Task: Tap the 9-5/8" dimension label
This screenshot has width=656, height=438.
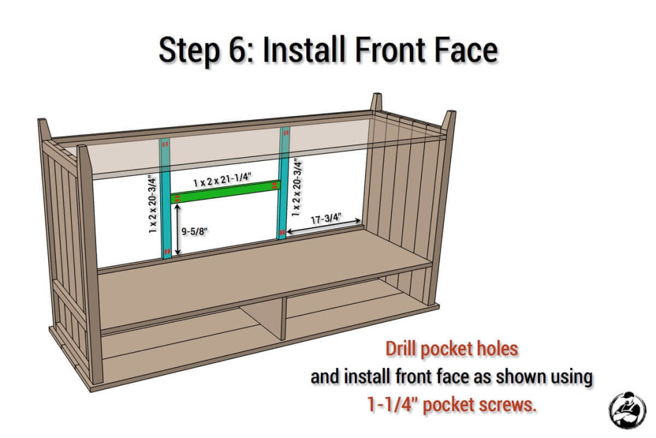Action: click(195, 231)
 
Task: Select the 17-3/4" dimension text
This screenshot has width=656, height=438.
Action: click(326, 219)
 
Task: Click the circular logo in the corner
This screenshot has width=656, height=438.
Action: click(627, 410)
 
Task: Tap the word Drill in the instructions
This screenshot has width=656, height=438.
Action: click(401, 348)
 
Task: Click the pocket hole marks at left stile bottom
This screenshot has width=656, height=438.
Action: click(167, 251)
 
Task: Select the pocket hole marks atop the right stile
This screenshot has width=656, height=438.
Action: click(286, 133)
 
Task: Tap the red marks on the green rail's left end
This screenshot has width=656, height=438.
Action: click(177, 198)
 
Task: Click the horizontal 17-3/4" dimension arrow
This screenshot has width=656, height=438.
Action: click(324, 226)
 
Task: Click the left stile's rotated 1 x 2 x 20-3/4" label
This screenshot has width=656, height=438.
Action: click(152, 205)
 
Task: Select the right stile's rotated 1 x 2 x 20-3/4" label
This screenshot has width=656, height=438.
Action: click(297, 188)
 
